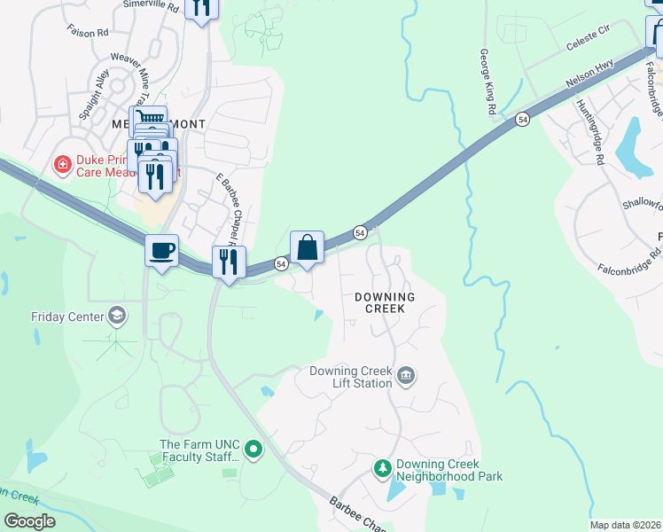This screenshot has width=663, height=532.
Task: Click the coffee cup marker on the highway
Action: [x=161, y=252]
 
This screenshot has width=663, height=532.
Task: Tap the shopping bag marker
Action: [x=307, y=247]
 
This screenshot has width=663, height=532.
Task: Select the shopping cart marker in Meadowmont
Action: [x=148, y=120]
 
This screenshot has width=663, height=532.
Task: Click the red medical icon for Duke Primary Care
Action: [x=63, y=163]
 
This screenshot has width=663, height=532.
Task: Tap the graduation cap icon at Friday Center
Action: [x=116, y=316]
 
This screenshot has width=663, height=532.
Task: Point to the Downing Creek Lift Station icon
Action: [x=406, y=376]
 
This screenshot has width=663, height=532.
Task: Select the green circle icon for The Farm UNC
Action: [x=253, y=450]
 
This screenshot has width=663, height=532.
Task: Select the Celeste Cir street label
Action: [x=588, y=47]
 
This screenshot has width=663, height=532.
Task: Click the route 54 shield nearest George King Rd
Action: [x=522, y=119]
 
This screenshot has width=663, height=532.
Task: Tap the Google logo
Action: [x=30, y=520]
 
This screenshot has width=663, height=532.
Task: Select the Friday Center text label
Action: [x=67, y=316]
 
